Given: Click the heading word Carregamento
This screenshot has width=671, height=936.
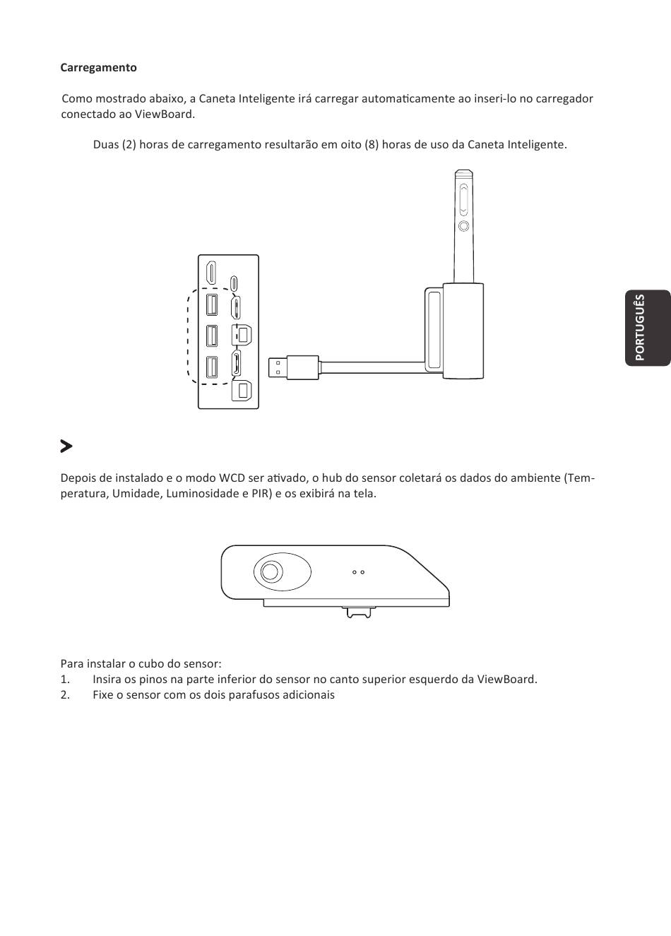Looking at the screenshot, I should coord(98,68).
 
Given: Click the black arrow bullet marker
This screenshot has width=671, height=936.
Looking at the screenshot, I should coord(66,446).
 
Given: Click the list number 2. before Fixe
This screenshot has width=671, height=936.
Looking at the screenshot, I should coord(65,694).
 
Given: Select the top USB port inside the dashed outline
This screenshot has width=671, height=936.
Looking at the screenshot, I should coord(212,304).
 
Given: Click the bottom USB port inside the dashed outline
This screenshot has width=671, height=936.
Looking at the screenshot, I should coord(212,368).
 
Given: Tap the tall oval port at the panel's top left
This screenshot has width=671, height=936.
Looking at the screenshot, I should coord(211,273).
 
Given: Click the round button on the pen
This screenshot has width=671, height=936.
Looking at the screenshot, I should coord(463,226).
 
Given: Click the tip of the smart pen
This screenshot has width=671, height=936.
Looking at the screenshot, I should coord(463,172).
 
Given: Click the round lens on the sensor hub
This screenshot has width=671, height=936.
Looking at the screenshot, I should coord(270,571).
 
